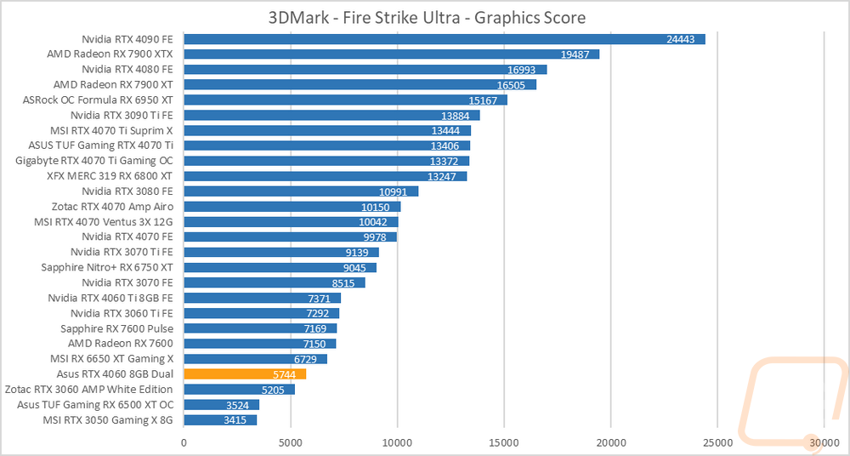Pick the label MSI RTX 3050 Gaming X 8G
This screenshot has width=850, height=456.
click(x=108, y=420)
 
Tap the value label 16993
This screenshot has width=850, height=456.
click(x=526, y=70)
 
